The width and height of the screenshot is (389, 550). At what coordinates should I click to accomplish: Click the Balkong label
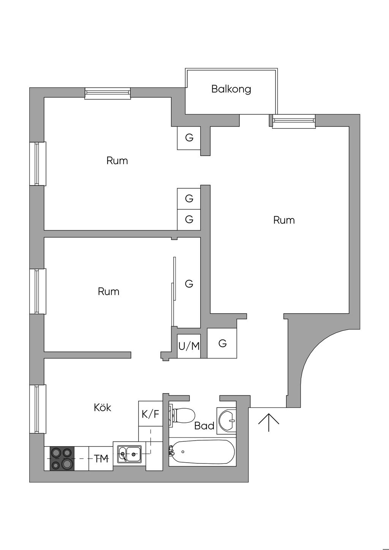(x=231, y=89)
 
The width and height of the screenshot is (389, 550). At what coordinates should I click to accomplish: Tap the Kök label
(x=103, y=408)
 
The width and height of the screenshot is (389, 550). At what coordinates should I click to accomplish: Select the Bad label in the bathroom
(x=204, y=426)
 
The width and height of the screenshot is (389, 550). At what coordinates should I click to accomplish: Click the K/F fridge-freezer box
(x=150, y=414)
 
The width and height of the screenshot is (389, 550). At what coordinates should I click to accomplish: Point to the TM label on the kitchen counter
(x=101, y=459)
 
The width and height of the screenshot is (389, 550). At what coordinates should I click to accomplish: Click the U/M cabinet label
(x=189, y=346)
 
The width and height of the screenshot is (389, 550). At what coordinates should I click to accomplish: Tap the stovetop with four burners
(x=62, y=458)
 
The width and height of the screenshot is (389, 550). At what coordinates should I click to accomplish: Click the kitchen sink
(x=129, y=454)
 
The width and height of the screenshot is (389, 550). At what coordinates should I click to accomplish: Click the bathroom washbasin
(x=226, y=420)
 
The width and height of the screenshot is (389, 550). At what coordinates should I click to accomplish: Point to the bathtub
(x=201, y=452)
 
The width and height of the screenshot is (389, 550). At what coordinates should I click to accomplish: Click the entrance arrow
(x=269, y=422)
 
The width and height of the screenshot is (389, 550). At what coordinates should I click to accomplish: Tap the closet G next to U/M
(x=222, y=343)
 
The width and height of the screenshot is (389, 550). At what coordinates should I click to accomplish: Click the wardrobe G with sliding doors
(x=189, y=284)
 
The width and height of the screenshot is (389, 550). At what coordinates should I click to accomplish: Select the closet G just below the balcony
(x=189, y=138)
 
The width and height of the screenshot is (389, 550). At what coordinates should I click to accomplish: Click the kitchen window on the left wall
(x=38, y=409)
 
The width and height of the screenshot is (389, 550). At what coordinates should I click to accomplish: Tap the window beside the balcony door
(x=294, y=121)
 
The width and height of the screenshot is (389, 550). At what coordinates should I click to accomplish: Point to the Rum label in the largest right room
(x=284, y=220)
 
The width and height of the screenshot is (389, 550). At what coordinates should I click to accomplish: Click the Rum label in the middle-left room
(x=109, y=292)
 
